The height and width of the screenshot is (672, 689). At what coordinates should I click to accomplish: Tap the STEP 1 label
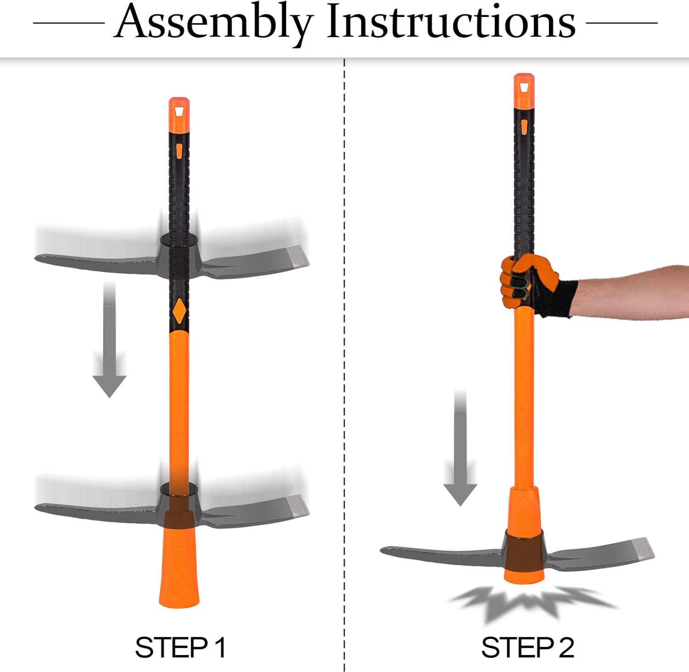pyautogui.click(x=180, y=648)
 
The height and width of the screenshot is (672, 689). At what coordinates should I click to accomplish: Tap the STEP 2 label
pyautogui.click(x=527, y=648)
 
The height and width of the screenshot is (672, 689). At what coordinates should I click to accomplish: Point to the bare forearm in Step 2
pyautogui.click(x=634, y=289)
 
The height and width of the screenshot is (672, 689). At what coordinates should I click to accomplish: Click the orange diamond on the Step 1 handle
pyautogui.click(x=179, y=311)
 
